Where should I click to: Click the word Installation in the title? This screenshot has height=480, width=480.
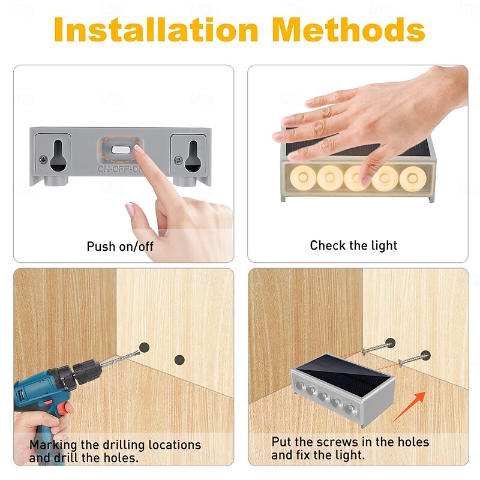click(156, 29)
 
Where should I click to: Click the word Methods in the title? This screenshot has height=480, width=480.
click(349, 29)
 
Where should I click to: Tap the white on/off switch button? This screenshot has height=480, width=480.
click(121, 149)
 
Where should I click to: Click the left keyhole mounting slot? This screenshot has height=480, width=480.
click(58, 155)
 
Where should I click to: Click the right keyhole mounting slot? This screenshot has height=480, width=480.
click(193, 155)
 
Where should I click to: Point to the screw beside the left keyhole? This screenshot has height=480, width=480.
click(43, 160)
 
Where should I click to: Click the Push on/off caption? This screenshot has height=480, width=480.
click(120, 247)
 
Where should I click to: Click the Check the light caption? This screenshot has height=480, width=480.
click(353, 245)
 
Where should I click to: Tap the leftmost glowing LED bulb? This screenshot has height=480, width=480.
click(303, 178)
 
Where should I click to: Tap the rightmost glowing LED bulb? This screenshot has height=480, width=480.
click(413, 179)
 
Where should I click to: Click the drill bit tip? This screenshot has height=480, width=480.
click(139, 352)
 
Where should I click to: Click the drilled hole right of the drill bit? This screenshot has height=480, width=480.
click(179, 359)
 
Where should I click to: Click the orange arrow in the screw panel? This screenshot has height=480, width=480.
click(409, 406)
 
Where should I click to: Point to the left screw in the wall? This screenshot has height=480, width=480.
click(377, 348)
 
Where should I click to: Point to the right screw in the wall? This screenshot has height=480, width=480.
click(413, 359)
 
